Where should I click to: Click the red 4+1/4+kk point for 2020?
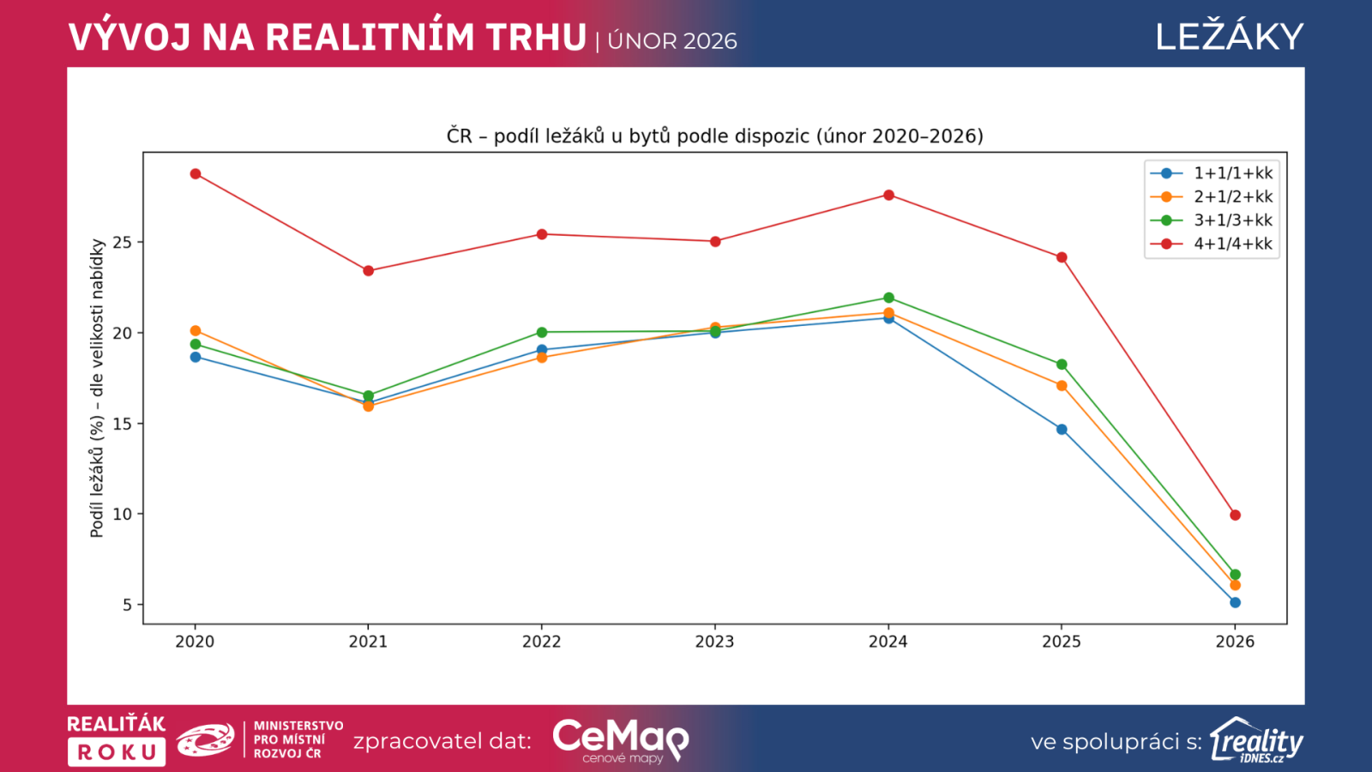pos(196,174)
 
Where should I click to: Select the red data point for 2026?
pos(1235,516)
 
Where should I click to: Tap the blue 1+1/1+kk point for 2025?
pos(1062,430)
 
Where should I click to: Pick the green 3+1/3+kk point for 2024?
pos(888,298)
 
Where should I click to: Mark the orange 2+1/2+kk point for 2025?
pos(1062,386)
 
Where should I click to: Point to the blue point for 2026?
pos(1235,603)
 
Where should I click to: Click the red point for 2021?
pos(369,271)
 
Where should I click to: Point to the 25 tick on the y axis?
pos(123,243)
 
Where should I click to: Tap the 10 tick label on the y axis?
pos(123,515)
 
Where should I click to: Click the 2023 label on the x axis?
pos(714,642)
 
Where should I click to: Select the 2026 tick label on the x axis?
pos(1235,642)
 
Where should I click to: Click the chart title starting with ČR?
pos(714,136)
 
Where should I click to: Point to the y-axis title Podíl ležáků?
pos(97,389)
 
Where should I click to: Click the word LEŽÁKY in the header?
pos(1229,37)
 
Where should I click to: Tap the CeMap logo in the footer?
pos(620,739)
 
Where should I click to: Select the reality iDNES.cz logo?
pos(1256,740)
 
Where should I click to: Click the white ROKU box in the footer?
pos(117,752)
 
